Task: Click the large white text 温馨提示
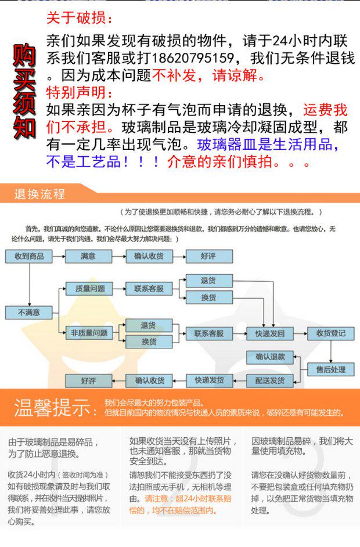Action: pos(55,408)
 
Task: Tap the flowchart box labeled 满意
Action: pos(88,256)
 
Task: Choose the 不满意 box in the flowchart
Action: pos(28,312)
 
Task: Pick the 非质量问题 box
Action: pos(89,333)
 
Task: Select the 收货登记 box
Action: pos(330,333)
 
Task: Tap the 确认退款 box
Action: pos(270,357)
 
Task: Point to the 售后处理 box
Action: pos(330,369)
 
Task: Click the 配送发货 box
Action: pos(270,381)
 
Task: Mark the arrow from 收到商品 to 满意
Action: pos(58,256)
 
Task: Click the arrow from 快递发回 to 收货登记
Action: pos(300,334)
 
